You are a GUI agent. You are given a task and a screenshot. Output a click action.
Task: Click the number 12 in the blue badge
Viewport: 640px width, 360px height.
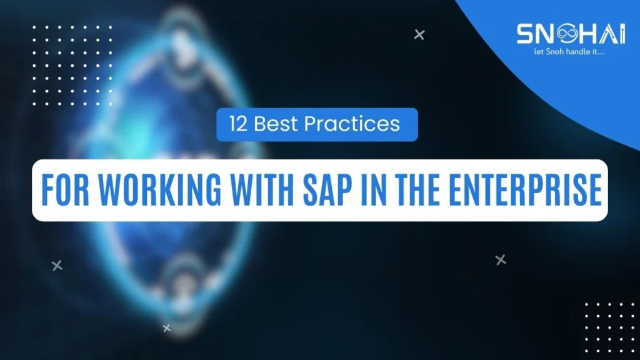(238, 124)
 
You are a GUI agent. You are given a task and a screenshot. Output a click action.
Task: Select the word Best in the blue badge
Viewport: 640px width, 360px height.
(275, 124)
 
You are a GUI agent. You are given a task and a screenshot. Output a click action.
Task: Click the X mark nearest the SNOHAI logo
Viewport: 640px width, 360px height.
(419, 35)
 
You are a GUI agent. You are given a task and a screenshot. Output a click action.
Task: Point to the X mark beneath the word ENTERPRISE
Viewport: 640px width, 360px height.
(501, 259)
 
